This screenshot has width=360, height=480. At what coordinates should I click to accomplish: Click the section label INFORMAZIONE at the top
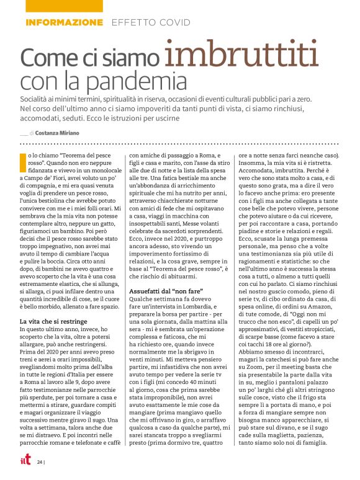(x=65, y=22)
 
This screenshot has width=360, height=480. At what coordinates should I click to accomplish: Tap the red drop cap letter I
(x=23, y=159)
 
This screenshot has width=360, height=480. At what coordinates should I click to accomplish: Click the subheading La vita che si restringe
(x=54, y=321)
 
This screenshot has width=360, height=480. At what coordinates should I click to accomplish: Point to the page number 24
(x=40, y=462)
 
